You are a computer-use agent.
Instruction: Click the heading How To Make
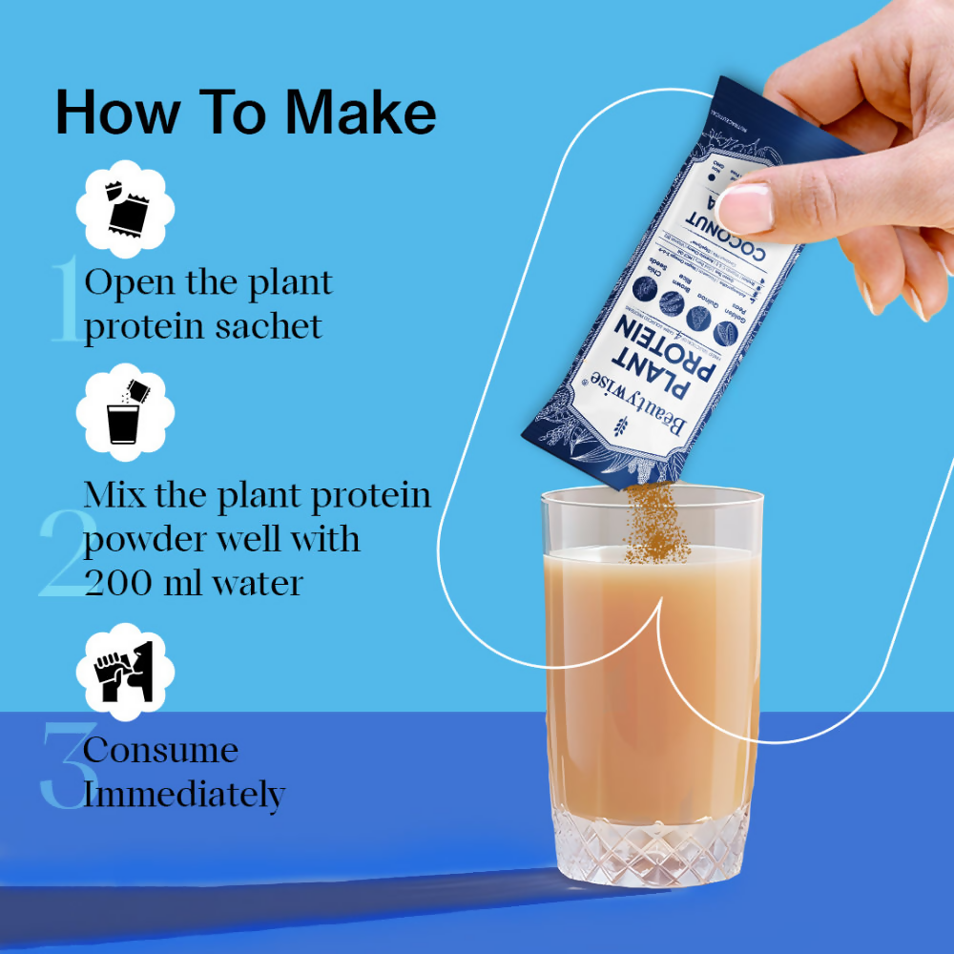tap(245, 113)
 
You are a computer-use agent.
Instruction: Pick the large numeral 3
tap(63, 768)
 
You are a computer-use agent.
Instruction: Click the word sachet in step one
tap(269, 326)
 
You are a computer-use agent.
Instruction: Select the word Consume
tap(160, 750)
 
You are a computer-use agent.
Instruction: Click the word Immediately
tap(184, 794)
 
